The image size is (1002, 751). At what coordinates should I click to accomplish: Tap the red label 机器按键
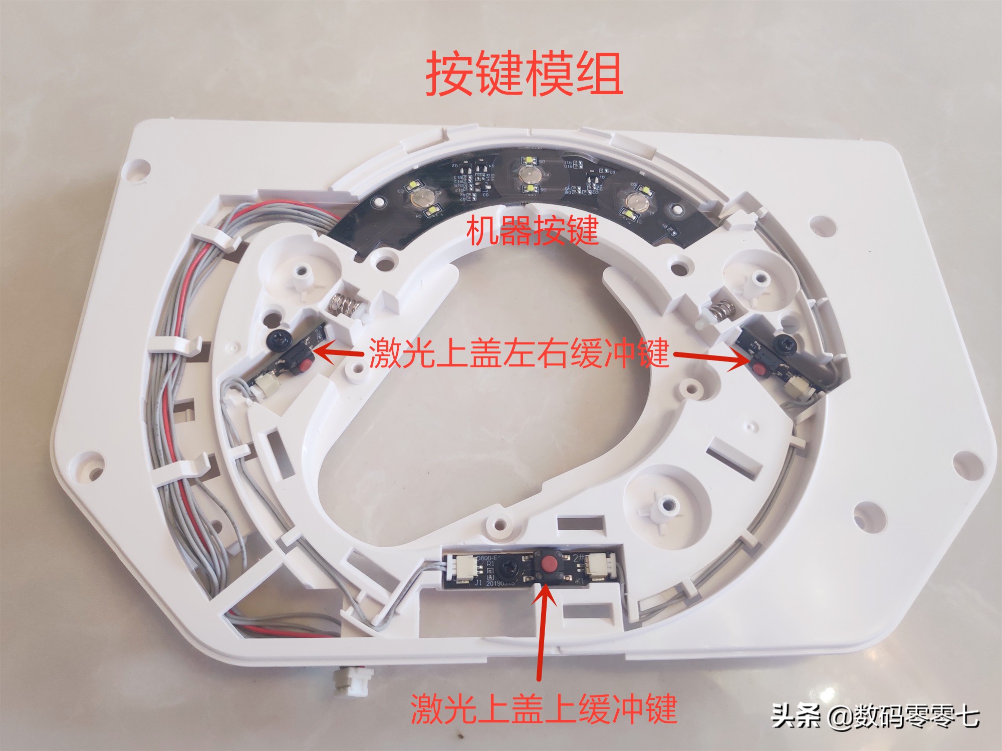click(532, 231)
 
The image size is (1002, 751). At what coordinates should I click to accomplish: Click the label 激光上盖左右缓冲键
click(519, 353)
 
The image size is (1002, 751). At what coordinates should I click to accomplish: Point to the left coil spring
click(343, 304)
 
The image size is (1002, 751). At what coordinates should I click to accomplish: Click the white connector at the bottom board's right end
click(599, 567)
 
